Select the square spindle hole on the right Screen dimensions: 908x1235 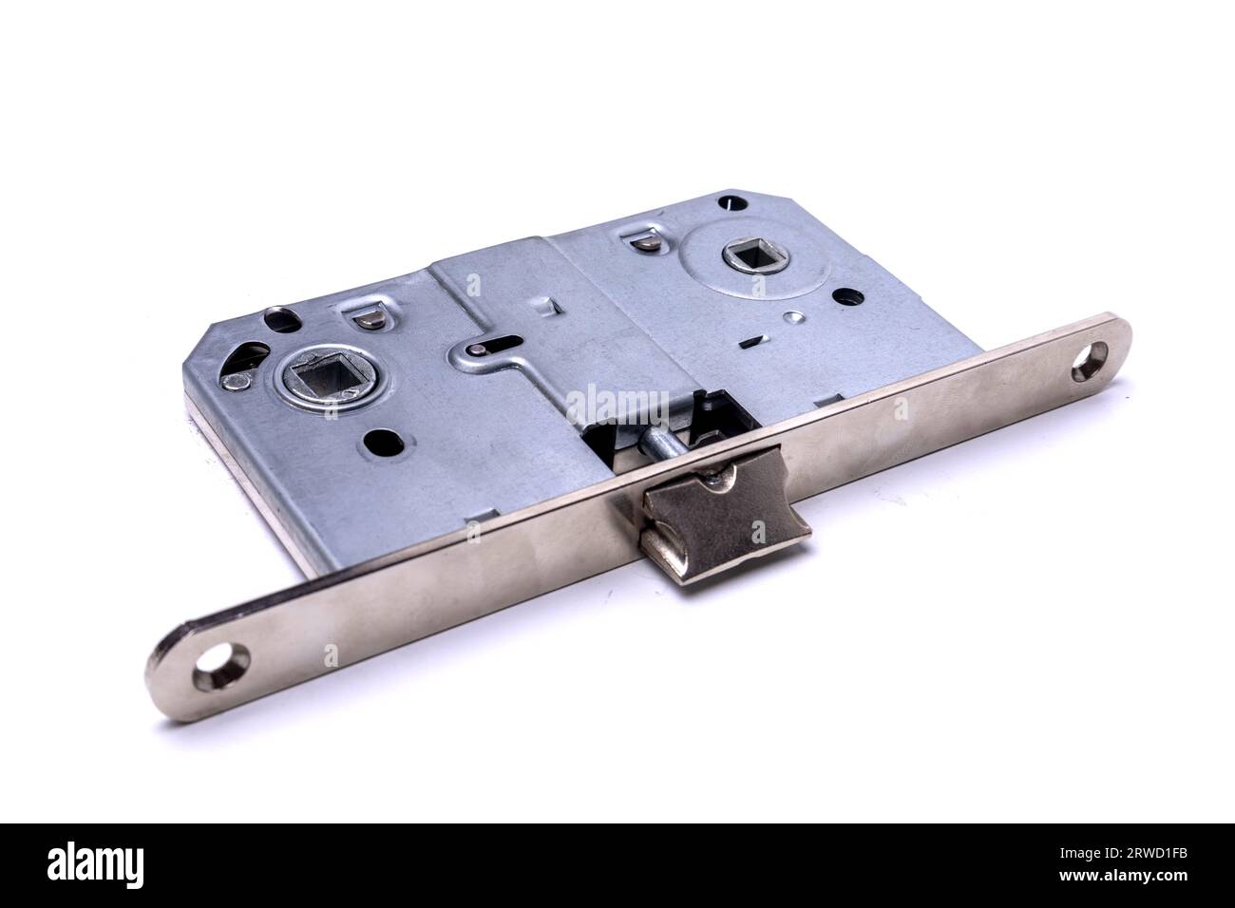738,255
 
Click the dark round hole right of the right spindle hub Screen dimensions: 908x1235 844,298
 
